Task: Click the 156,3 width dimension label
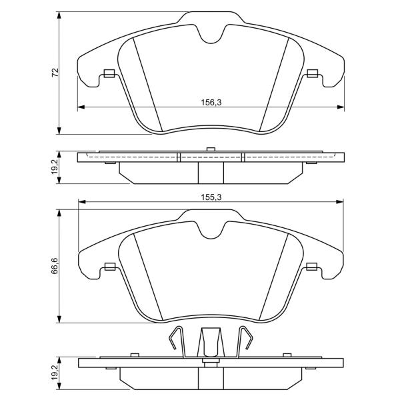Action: pos(211,103)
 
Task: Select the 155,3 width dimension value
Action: pos(211,197)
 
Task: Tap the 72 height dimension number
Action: pos(55,73)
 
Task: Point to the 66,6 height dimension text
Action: pos(55,266)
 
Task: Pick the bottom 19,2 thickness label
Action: pos(55,372)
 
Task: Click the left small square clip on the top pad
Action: pos(109,73)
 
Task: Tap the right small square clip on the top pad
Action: pos(312,73)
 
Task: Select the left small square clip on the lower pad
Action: pos(110,267)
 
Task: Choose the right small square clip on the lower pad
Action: pos(311,267)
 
